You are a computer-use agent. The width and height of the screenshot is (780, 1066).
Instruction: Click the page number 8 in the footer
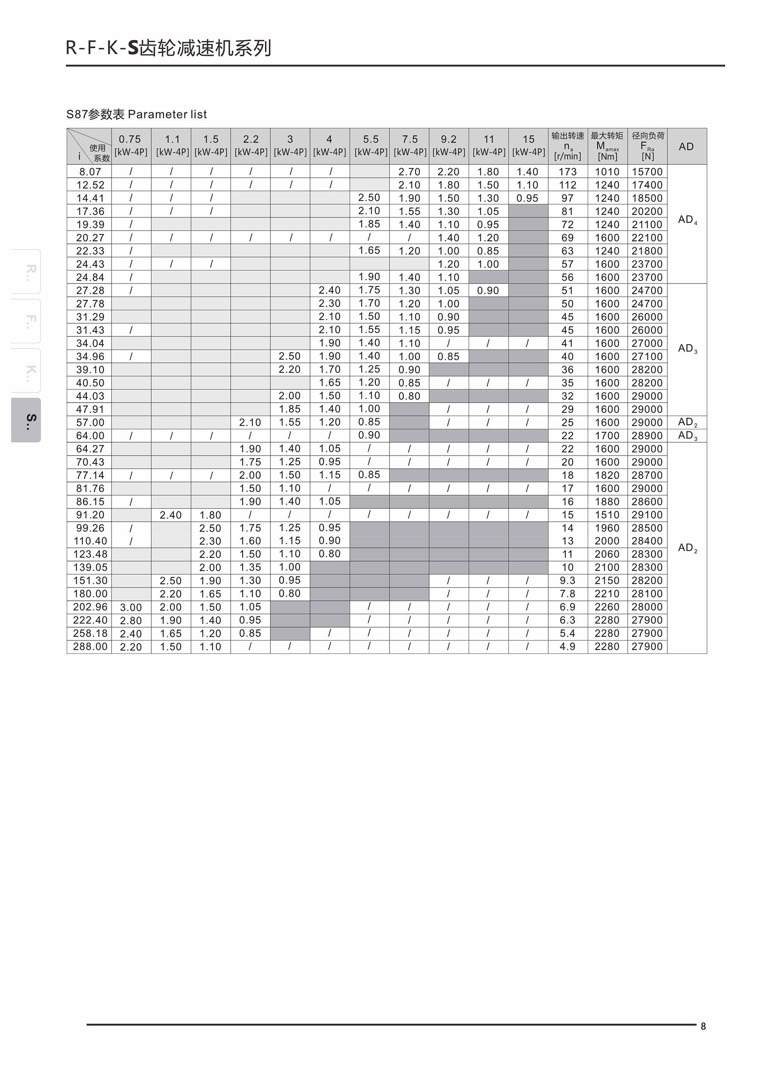pyautogui.click(x=703, y=1026)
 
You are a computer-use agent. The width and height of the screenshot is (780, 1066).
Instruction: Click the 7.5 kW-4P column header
pyautogui.click(x=410, y=145)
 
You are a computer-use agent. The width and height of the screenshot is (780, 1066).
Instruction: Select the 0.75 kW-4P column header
pyautogui.click(x=131, y=145)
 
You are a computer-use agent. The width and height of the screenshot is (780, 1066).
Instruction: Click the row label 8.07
pyautogui.click(x=90, y=172)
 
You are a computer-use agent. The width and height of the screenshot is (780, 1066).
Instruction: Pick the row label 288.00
pyautogui.click(x=90, y=646)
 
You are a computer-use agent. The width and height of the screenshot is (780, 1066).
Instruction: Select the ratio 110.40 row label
pyautogui.click(x=90, y=541)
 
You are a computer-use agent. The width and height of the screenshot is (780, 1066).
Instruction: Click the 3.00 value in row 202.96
pyautogui.click(x=131, y=607)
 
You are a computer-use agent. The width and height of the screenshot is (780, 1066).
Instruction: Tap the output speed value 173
pyautogui.click(x=568, y=172)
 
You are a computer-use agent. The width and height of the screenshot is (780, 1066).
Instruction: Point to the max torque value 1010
pyautogui.click(x=607, y=172)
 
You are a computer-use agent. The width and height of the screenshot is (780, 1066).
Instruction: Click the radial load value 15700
pyautogui.click(x=647, y=172)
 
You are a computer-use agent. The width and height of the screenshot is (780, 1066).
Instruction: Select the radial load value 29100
pyautogui.click(x=647, y=515)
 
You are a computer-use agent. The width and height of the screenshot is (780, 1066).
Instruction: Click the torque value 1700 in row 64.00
pyautogui.click(x=607, y=435)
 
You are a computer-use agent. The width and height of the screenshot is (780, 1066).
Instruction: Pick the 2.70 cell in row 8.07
pyautogui.click(x=409, y=172)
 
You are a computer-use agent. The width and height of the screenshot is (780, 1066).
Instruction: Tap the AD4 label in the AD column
pyautogui.click(x=688, y=220)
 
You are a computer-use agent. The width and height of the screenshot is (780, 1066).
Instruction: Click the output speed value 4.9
pyautogui.click(x=568, y=646)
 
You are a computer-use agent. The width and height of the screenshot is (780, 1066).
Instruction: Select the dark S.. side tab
pyautogui.click(x=26, y=420)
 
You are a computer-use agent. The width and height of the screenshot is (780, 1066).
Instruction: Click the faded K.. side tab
pyautogui.click(x=26, y=371)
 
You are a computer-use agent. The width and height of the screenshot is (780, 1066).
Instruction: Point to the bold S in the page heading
pyautogui.click(x=133, y=49)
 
